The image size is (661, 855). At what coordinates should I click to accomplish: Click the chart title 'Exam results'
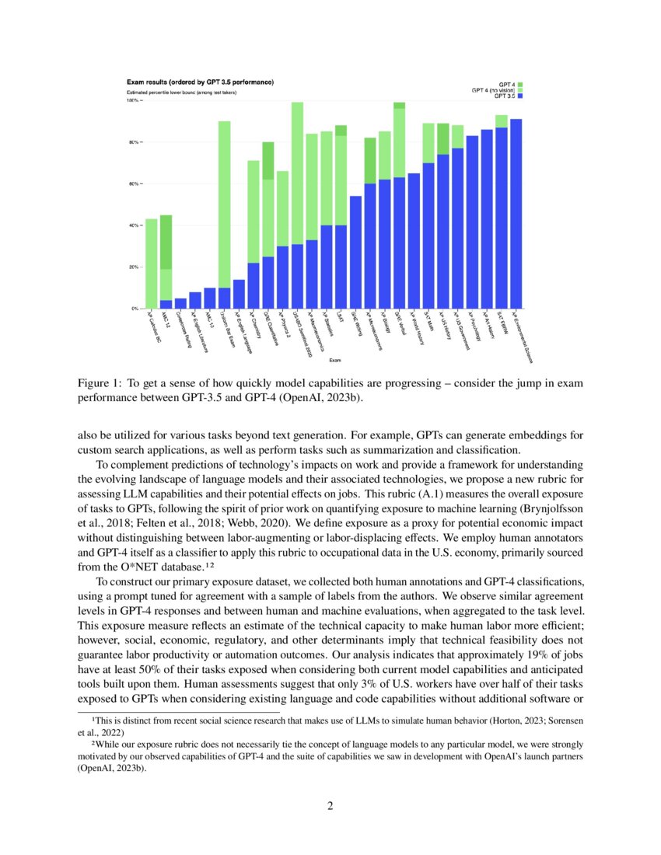click(200, 82)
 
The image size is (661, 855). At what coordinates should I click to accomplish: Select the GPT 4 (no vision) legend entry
click(495, 90)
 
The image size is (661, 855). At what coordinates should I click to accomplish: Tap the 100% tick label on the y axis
click(132, 101)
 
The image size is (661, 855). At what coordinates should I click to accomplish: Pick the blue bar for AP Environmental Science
click(516, 214)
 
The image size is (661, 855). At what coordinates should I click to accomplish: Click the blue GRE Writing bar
click(356, 253)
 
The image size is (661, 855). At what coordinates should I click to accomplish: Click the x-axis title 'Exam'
click(334, 360)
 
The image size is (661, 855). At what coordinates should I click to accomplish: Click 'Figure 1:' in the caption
click(99, 384)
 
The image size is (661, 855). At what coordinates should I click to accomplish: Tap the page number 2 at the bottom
click(330, 805)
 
